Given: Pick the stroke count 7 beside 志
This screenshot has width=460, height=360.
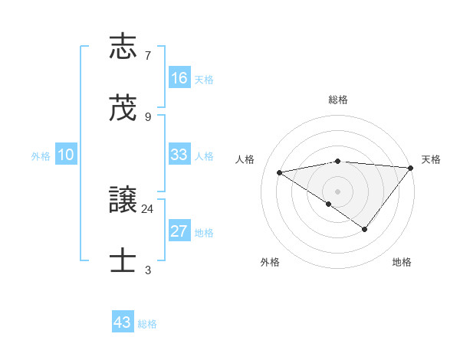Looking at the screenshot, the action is point(147,55).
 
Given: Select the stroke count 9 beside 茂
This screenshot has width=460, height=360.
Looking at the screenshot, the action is point(147,117).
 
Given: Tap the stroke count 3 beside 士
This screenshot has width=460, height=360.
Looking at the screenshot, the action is point(147,270).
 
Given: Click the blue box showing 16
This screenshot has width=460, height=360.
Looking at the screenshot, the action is point(179,78).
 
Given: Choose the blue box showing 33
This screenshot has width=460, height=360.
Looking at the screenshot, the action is point(179,155).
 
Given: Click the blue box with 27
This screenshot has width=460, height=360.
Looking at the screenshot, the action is point(179,232).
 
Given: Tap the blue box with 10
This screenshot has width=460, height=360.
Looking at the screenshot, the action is point(66,155).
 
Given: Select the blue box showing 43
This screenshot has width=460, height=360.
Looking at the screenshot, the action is point(123,322).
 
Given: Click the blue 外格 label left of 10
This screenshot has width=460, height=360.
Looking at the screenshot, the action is point(41,156).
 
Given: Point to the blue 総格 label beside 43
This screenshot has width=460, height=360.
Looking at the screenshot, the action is point(147,324).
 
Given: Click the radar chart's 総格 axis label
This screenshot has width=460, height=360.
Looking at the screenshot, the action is point(338,100).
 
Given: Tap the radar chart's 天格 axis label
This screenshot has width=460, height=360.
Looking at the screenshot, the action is point(431,159).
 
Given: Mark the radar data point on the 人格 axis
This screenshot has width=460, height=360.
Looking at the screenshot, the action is point(279,172).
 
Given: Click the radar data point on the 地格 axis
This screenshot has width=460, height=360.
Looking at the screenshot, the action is point(365,229).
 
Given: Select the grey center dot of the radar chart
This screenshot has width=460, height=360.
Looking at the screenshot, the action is point(338,191).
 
